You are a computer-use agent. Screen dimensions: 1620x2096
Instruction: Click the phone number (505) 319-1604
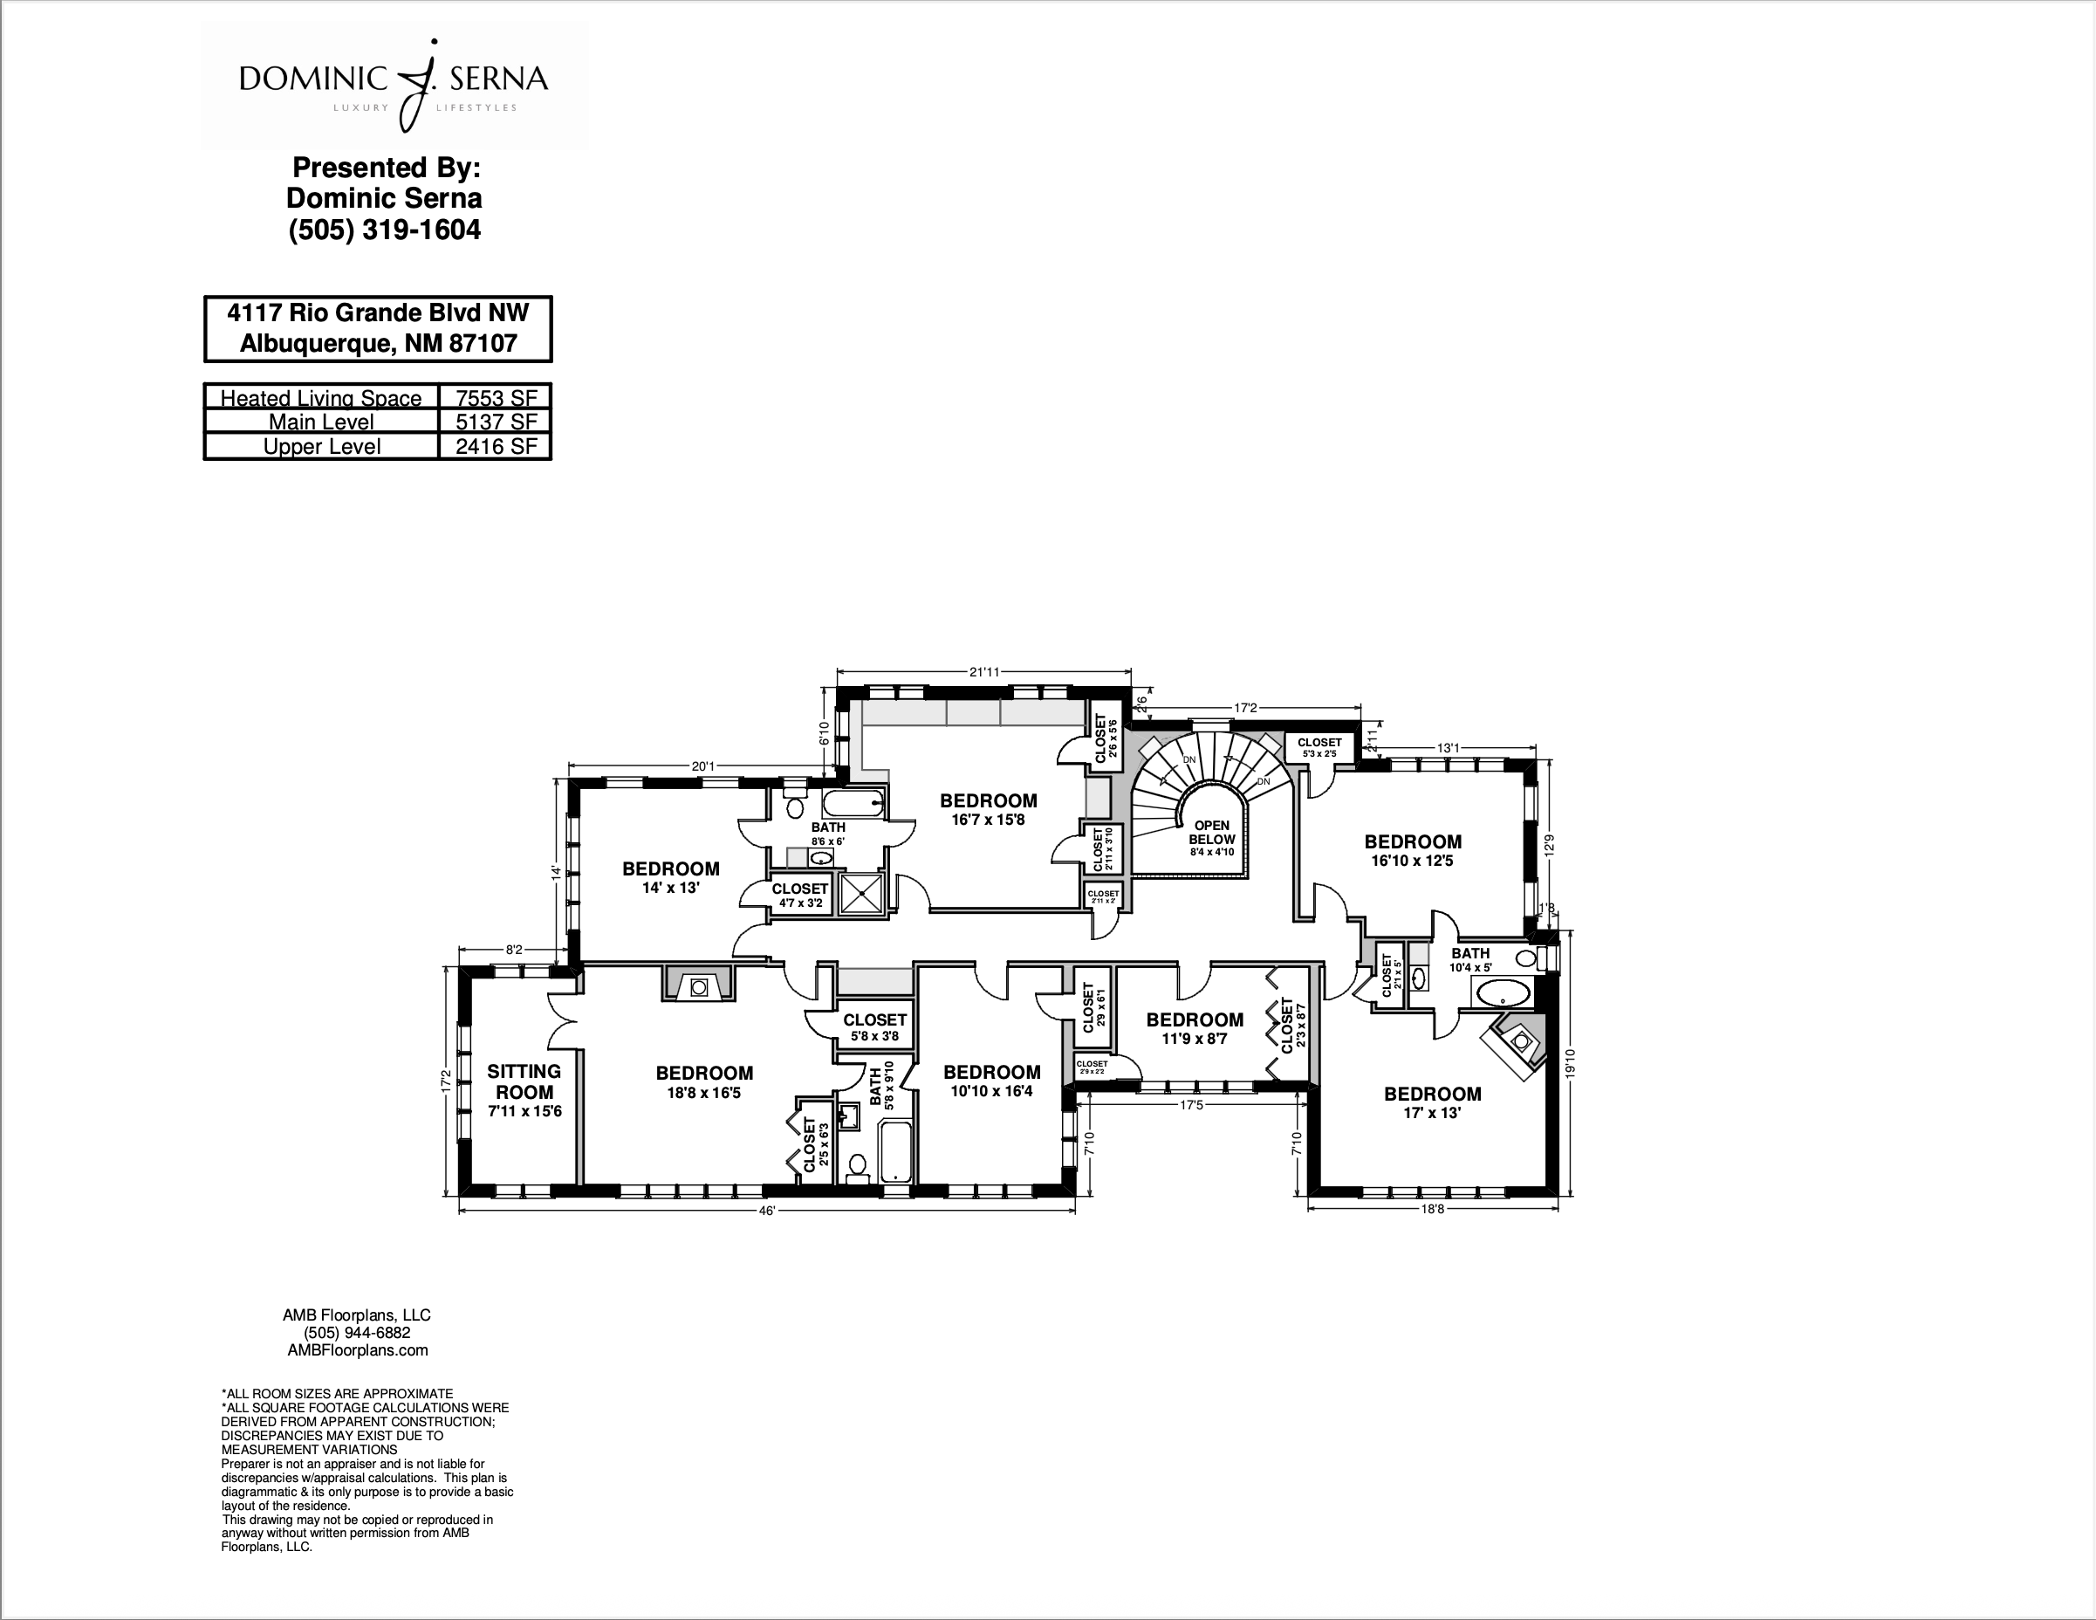[x=384, y=230]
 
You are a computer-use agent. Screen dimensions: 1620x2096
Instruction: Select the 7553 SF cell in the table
[x=496, y=398]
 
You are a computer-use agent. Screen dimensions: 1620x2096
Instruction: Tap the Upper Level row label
[x=321, y=446]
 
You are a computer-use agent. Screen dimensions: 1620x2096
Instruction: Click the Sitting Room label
[x=524, y=1081]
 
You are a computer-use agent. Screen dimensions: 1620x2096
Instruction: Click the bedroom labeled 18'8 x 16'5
[x=704, y=1081]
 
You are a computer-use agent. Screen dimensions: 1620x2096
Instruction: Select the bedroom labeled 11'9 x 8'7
[x=1194, y=1028]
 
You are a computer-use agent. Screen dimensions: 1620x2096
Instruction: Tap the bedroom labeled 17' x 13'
[x=1432, y=1102]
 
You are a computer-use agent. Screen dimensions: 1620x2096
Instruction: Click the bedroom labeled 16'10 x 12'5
[x=1413, y=850]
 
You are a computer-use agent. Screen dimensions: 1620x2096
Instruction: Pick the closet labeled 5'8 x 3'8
[x=874, y=1026]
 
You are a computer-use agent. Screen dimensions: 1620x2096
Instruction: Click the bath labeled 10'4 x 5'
[x=1469, y=960]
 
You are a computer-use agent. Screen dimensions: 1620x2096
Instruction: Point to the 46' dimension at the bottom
[x=766, y=1212]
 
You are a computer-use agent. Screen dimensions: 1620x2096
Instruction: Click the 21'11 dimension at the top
[x=983, y=672]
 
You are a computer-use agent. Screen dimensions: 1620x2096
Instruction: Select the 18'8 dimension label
[x=1432, y=1209]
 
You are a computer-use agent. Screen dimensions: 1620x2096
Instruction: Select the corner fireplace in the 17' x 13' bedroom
[x=1519, y=1044]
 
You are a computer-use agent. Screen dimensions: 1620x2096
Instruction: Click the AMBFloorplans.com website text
[x=357, y=1349]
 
